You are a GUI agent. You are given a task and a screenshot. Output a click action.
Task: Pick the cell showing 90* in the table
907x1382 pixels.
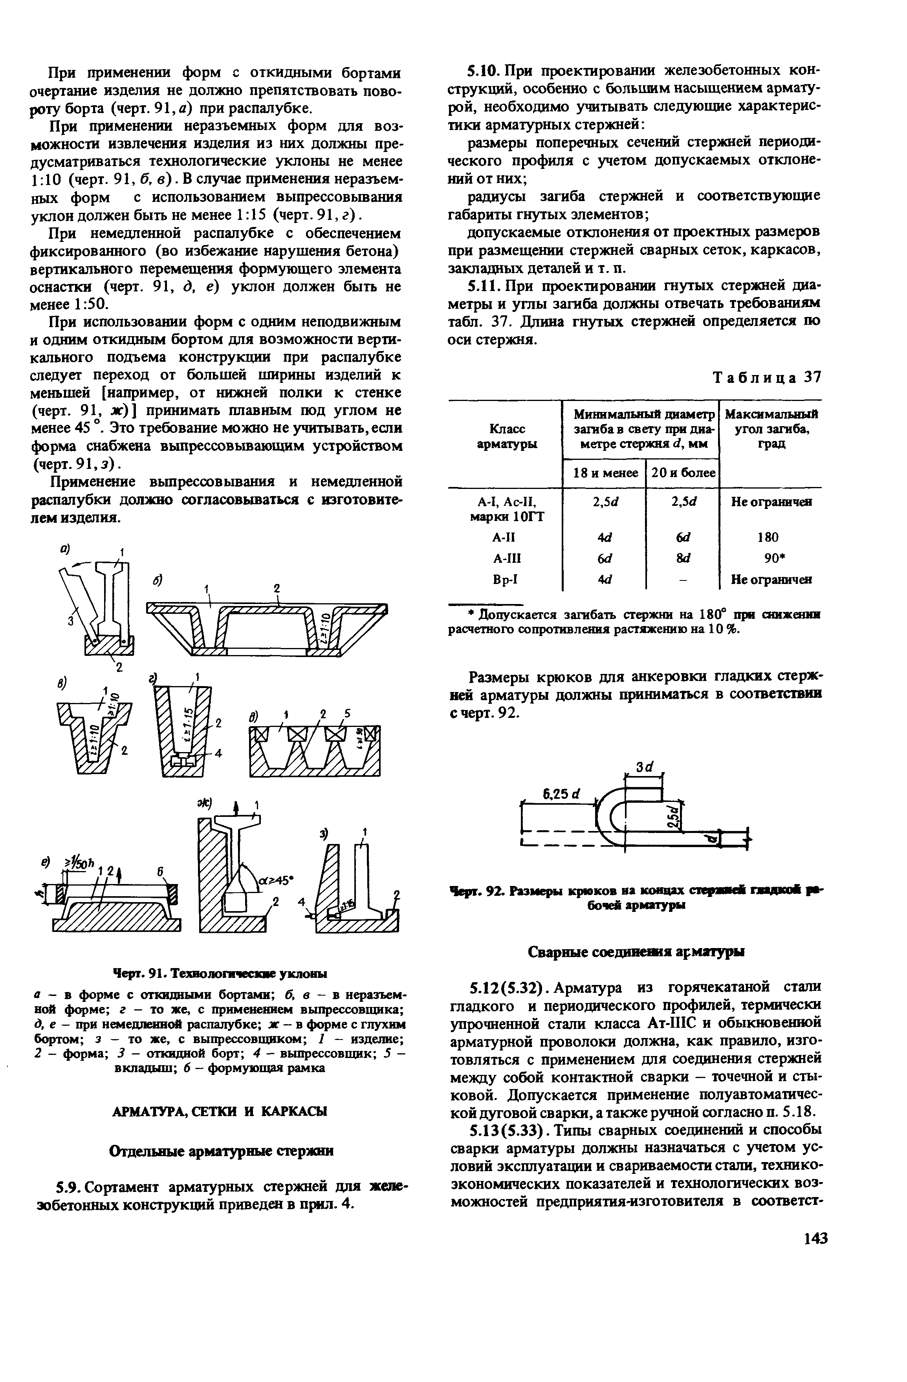pyautogui.click(x=769, y=558)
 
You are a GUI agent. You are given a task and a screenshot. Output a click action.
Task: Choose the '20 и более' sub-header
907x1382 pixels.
pyautogui.click(x=683, y=473)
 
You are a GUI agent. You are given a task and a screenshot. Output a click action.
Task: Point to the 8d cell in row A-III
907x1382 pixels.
pyautogui.click(x=682, y=558)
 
